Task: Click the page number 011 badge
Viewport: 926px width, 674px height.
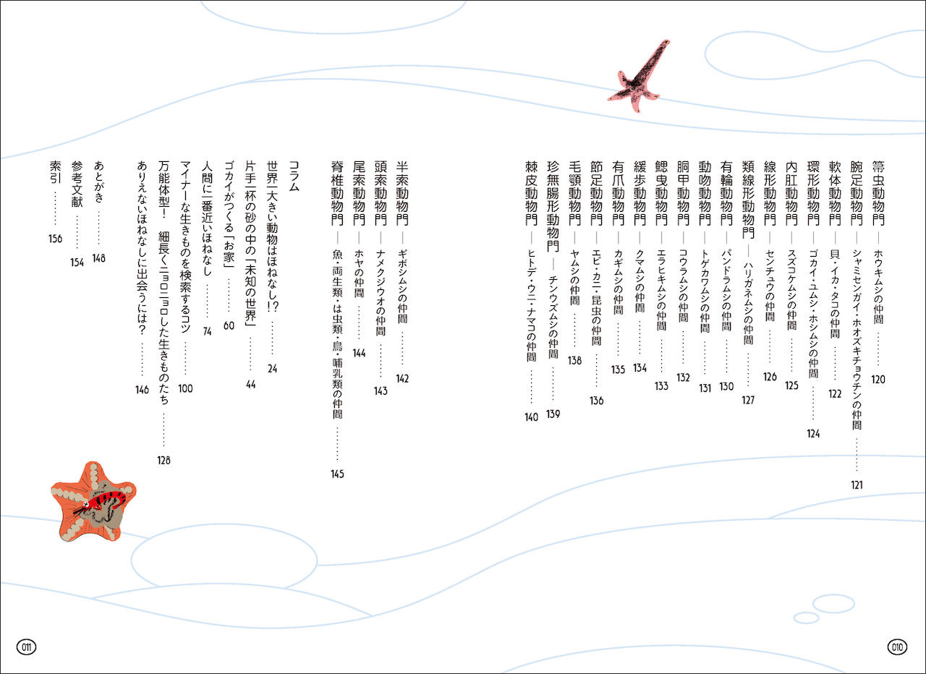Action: coord(27,646)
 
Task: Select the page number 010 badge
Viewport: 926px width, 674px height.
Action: coord(898,646)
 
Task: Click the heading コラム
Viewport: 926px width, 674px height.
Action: coord(294,176)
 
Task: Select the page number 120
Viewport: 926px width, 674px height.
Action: coord(878,379)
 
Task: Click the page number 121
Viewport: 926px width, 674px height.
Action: coord(857,485)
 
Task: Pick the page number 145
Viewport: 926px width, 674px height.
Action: coord(336,474)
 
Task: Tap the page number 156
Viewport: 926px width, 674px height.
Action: coord(55,239)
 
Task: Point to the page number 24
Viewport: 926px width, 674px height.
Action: coord(272,369)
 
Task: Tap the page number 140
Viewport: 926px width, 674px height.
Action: coord(532,417)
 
